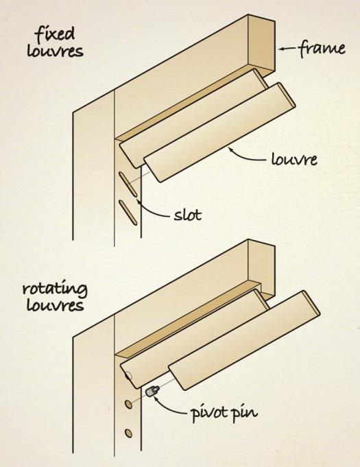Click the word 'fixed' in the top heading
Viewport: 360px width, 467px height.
click(54, 34)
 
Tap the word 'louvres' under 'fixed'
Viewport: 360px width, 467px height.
click(55, 51)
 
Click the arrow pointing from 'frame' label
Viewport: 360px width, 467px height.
click(287, 49)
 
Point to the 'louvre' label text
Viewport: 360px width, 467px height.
click(294, 158)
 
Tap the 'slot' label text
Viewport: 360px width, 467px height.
click(188, 214)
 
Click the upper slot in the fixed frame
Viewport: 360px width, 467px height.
click(128, 184)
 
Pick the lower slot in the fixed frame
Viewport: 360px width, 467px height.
click(128, 213)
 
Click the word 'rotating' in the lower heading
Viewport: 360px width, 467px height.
click(55, 289)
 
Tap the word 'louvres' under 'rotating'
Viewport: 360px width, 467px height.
click(55, 305)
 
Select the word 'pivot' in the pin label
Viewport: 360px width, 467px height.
click(208, 413)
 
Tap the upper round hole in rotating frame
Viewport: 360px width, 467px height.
click(129, 404)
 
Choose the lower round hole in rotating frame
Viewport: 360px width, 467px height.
click(129, 433)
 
